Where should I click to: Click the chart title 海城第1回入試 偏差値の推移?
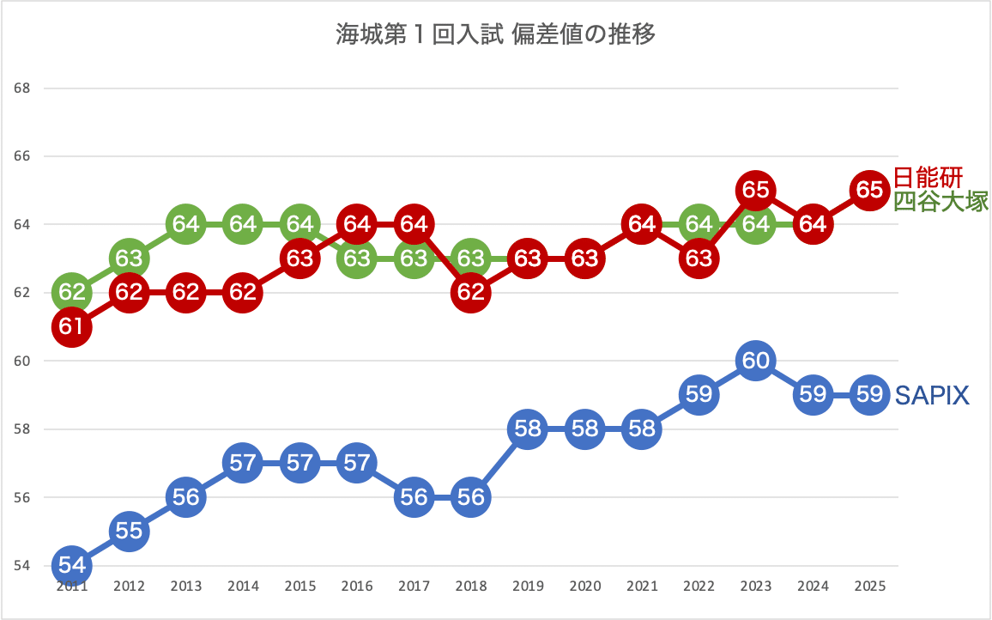click(x=495, y=35)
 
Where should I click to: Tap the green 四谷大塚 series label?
click(x=941, y=202)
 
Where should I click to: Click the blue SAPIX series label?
click(x=932, y=395)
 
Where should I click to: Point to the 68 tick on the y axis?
click(x=22, y=88)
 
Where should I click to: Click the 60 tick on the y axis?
click(x=22, y=361)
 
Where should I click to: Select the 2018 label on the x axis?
click(x=470, y=587)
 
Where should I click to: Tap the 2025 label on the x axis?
click(x=869, y=587)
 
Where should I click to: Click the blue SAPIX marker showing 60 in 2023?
click(x=755, y=361)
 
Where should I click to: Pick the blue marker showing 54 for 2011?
click(x=72, y=565)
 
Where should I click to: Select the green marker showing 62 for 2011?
click(x=72, y=292)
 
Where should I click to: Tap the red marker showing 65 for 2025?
click(x=869, y=190)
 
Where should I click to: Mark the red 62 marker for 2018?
click(x=470, y=293)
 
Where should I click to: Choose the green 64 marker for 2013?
click(x=185, y=224)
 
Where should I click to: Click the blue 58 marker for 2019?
click(x=528, y=429)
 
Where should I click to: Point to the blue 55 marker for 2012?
click(x=129, y=531)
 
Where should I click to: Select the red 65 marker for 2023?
click(x=755, y=190)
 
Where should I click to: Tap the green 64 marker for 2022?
click(x=699, y=223)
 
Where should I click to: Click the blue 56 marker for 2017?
click(x=414, y=496)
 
